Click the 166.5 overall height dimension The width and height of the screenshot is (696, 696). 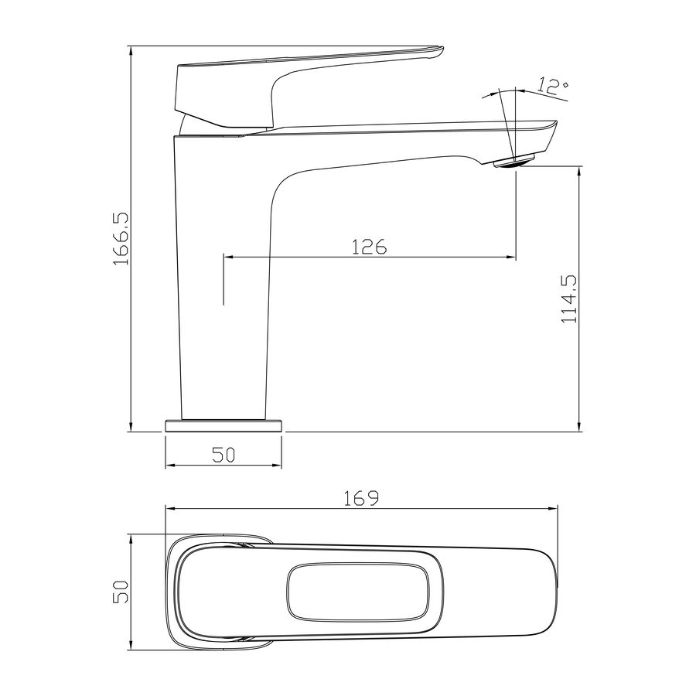coord(121,238)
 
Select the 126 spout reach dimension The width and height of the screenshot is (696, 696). coord(370,247)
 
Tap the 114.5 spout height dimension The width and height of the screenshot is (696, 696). coord(569,299)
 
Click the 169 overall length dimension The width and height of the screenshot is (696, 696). coord(362,498)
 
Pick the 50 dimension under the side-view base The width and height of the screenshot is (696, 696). coord(223,455)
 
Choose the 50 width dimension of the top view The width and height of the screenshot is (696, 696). coord(121,592)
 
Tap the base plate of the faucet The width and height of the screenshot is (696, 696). coord(223,425)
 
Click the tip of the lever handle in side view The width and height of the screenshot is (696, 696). coord(442,49)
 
